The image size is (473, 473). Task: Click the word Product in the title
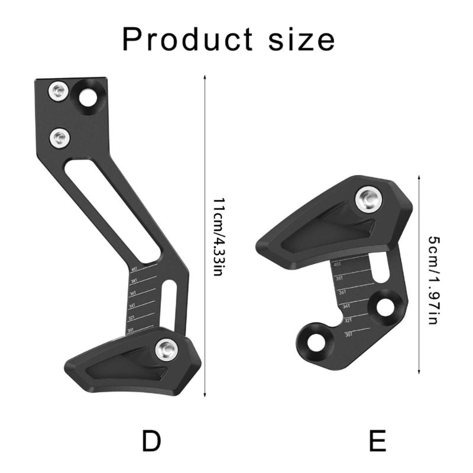tap(184, 40)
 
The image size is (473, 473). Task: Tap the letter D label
tap(152, 441)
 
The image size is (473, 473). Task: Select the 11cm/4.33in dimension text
tap(218, 237)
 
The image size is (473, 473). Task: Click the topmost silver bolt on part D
tap(57, 90)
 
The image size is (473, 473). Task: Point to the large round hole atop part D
tap(89, 96)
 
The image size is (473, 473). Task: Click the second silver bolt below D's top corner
tap(59, 139)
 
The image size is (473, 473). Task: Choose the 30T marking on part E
tap(349, 335)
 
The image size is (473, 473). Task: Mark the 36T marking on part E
tap(342, 292)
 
